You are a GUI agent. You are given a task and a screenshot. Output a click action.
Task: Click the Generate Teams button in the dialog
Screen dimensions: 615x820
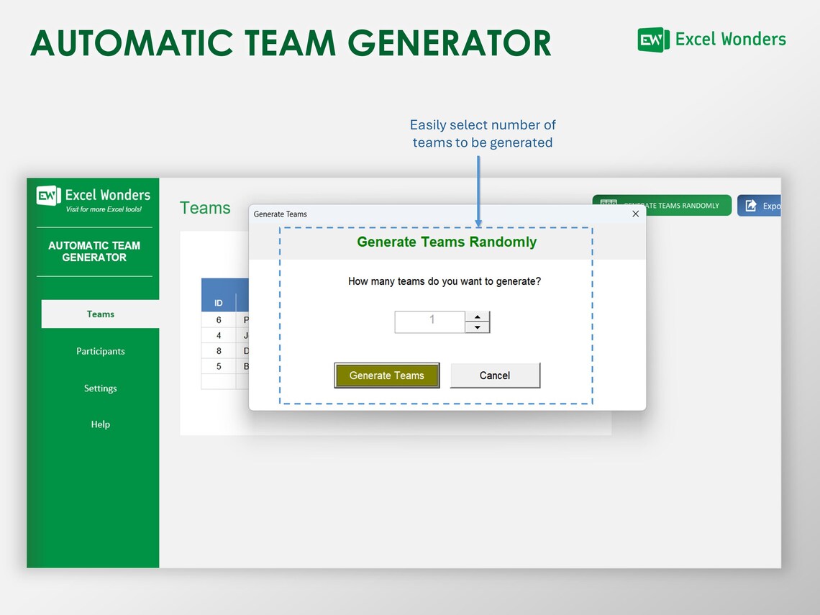[x=387, y=375]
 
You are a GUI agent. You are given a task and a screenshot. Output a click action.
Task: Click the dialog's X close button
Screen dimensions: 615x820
[x=635, y=214]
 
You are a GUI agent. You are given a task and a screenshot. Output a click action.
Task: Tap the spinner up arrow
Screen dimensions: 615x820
[x=478, y=317]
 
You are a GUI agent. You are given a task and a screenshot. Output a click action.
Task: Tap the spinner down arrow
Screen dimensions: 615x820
[x=478, y=328]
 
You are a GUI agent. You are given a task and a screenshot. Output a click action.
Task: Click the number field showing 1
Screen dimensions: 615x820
[x=430, y=322]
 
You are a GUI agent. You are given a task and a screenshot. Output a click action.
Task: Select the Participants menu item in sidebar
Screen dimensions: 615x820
[x=101, y=351]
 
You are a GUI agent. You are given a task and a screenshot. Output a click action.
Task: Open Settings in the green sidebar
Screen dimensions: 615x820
[x=101, y=388]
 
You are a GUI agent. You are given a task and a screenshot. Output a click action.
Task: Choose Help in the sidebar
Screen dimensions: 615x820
[x=101, y=424]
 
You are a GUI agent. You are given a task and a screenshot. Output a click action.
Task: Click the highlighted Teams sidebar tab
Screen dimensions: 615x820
[x=101, y=314]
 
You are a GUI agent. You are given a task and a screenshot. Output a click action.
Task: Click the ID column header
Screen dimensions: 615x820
[x=219, y=303]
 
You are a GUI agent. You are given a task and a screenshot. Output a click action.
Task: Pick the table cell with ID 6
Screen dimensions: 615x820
[x=219, y=320]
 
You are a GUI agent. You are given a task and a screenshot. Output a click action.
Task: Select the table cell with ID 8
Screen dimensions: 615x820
[x=219, y=351]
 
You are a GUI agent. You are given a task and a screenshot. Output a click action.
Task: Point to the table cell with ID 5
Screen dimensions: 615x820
[x=219, y=366]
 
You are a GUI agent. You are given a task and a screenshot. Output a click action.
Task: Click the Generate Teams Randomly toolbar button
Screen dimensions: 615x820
[x=662, y=206]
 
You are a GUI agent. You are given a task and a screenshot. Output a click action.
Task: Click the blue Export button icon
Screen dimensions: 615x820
[x=751, y=206]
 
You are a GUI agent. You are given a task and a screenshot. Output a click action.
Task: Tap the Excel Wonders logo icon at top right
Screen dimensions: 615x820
[x=653, y=40]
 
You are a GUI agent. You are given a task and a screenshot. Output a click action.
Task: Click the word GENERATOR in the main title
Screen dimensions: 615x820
[x=454, y=43]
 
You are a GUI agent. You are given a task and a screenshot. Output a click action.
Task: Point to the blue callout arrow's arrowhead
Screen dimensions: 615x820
[x=478, y=223]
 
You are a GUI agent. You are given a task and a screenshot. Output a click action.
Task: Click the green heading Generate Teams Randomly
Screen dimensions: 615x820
[x=447, y=242]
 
